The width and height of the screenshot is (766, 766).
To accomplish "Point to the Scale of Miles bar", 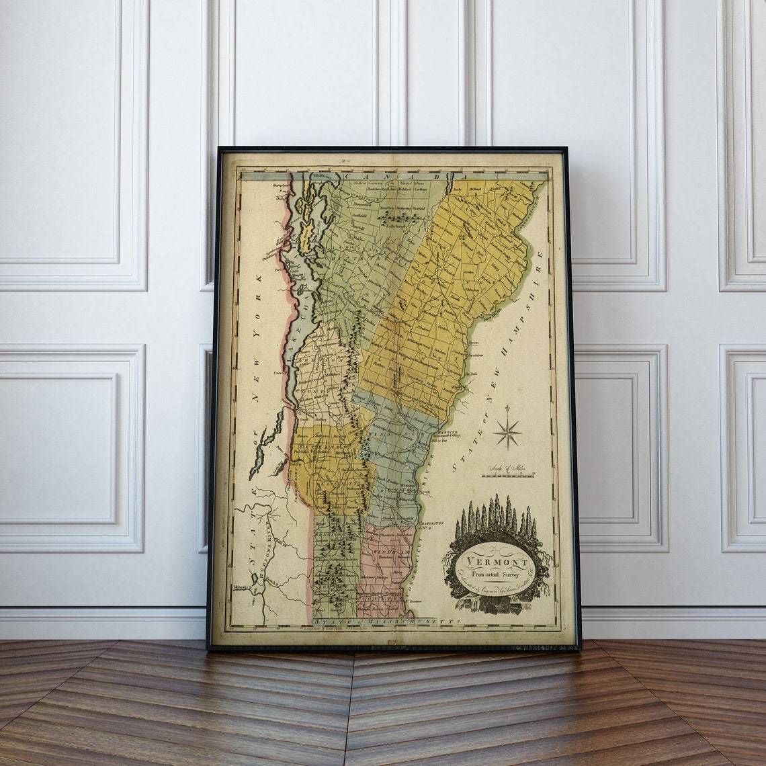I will (507, 475).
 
